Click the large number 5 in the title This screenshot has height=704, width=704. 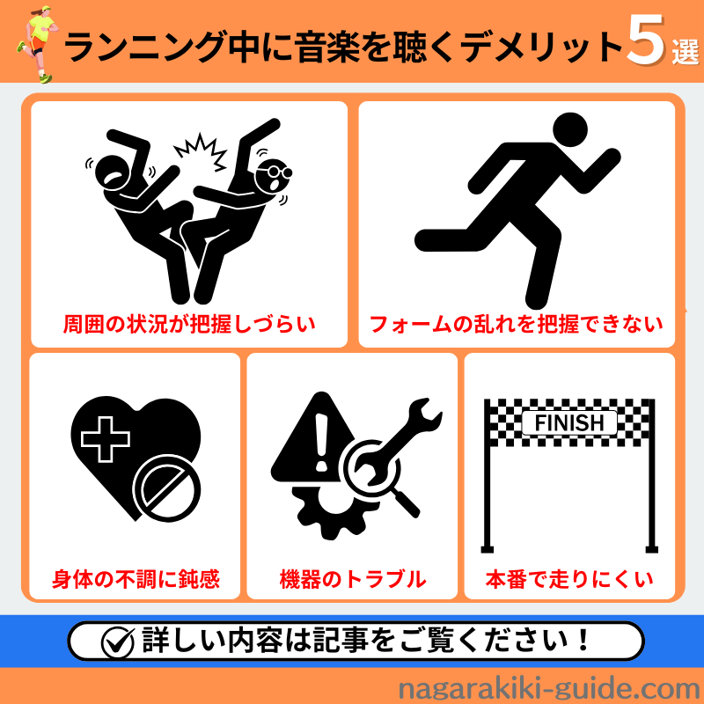tap(646, 40)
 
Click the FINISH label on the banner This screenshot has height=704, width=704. tap(569, 423)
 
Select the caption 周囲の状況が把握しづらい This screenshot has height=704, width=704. tap(189, 324)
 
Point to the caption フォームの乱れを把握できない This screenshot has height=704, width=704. tap(517, 324)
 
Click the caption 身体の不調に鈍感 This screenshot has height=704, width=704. tap(136, 579)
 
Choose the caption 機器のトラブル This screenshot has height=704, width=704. tap(353, 579)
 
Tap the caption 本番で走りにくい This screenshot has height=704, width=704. tap(569, 579)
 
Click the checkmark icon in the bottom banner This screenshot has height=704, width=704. tap(118, 642)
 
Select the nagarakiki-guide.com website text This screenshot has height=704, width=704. tap(549, 689)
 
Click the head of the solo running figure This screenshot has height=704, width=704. tap(570, 129)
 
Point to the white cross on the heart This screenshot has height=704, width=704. tap(106, 439)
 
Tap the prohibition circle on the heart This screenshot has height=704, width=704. tap(166, 488)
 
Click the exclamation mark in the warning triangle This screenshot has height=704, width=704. tap(321, 443)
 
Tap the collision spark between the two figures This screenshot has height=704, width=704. tap(201, 151)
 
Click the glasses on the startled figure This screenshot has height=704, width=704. tap(276, 171)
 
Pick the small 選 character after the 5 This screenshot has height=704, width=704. tap(686, 52)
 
